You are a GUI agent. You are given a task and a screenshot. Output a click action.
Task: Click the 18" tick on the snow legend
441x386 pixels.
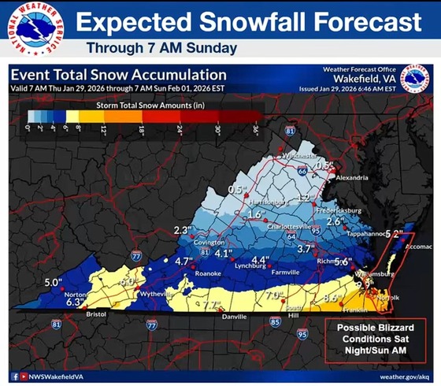coord(143,128)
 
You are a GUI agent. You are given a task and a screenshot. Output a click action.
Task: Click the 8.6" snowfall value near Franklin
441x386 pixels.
coord(334,298)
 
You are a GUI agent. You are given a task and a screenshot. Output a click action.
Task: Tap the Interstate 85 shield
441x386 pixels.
coord(274,321)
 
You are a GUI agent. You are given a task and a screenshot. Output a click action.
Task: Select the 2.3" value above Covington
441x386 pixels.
coord(183,230)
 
